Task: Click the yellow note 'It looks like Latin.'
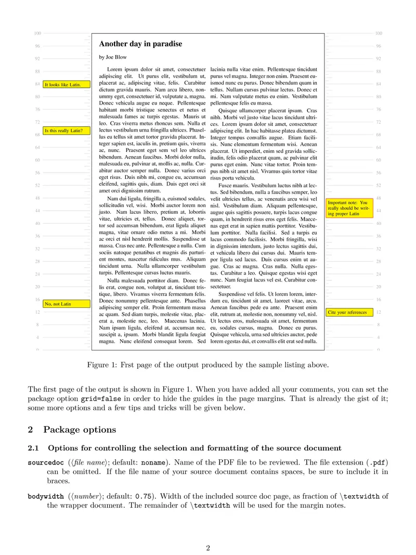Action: click(x=67, y=84)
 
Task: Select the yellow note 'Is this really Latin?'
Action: click(x=67, y=131)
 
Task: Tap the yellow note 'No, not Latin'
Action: click(x=67, y=304)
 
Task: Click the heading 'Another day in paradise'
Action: click(x=140, y=44)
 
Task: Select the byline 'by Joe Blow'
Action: click(x=112, y=57)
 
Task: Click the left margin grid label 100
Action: click(x=37, y=33)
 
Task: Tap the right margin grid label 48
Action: click(x=379, y=198)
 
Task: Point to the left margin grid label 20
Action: click(x=37, y=287)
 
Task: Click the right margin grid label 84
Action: click(x=379, y=84)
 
